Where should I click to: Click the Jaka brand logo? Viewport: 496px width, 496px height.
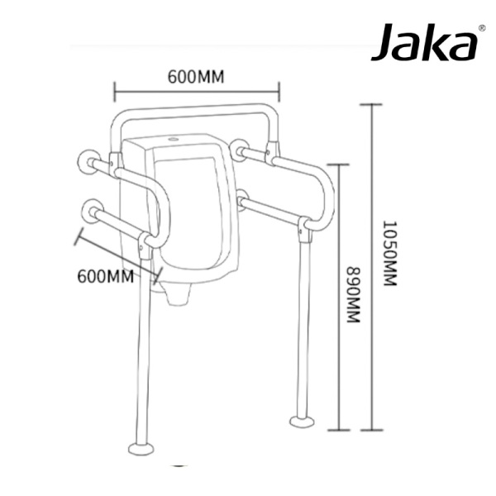click(423, 44)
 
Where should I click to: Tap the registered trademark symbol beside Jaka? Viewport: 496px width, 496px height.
click(482, 27)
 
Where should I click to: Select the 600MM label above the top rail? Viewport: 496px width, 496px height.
click(196, 77)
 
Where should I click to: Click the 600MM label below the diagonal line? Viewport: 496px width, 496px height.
click(105, 275)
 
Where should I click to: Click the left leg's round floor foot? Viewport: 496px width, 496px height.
click(141, 449)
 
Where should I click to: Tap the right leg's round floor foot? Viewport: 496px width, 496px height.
click(301, 422)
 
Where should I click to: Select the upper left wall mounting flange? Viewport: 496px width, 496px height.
click(86, 159)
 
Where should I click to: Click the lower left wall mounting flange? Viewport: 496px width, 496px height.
click(90, 210)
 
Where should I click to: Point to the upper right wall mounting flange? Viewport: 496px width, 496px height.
click(240, 149)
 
